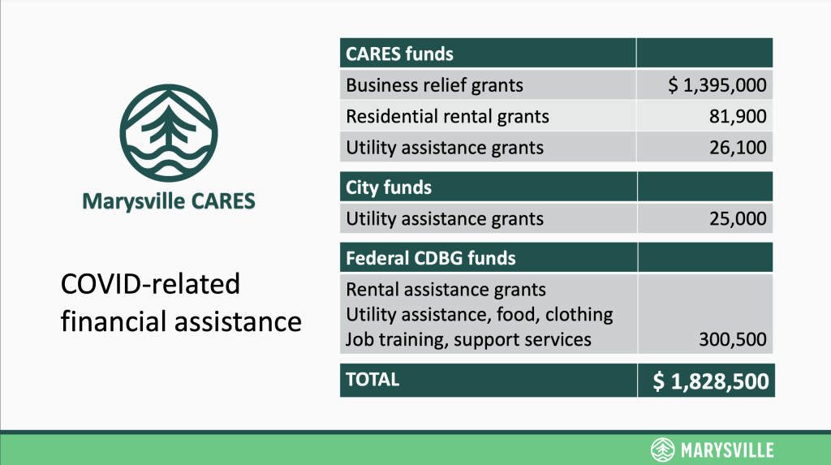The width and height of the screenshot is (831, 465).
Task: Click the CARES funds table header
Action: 399,54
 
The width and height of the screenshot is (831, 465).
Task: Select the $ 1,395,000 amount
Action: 717,85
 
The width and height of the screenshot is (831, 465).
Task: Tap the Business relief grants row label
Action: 435,85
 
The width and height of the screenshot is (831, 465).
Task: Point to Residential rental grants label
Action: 447,116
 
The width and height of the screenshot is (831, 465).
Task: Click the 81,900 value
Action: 738,116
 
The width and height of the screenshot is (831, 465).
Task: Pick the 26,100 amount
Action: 738,148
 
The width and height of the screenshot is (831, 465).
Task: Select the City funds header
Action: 389,187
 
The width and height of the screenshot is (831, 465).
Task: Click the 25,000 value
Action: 738,218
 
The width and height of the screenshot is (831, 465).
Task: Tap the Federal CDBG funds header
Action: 430,258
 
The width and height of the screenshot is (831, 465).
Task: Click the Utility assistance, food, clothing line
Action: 479,314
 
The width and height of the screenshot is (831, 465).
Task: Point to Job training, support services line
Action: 468,339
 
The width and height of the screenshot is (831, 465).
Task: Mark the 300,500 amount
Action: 733,339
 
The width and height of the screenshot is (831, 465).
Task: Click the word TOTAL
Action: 372,380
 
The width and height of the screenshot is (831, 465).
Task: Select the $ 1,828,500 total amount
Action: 711,381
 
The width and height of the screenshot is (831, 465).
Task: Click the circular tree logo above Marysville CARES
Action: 169,133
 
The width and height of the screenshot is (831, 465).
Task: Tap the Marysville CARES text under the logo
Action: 169,201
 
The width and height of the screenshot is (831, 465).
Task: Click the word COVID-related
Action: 150,284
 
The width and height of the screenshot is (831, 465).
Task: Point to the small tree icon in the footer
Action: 662,450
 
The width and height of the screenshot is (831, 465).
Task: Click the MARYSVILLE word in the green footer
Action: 726,450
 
